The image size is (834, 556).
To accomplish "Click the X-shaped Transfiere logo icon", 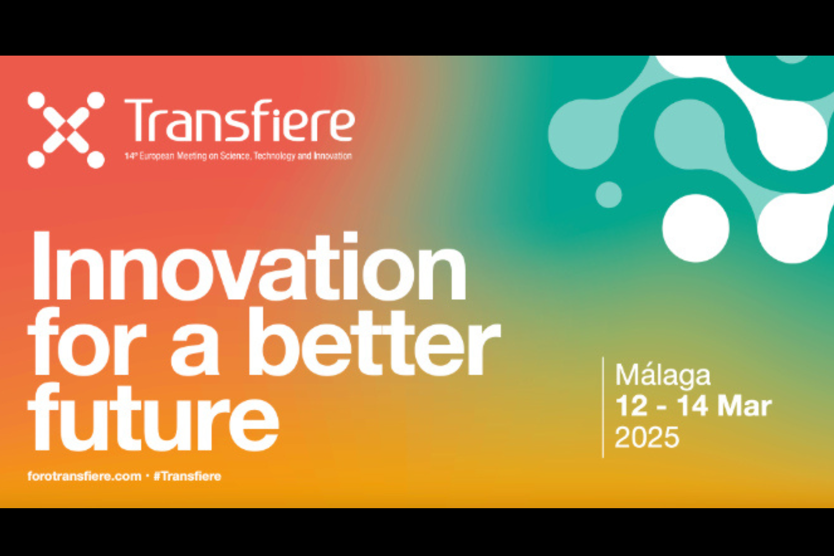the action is [x=66, y=130].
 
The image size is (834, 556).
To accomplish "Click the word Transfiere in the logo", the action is [x=240, y=121].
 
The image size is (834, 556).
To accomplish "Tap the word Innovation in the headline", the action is [x=249, y=266].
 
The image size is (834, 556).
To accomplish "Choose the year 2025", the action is [x=647, y=437].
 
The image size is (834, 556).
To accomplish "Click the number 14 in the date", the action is [x=692, y=406].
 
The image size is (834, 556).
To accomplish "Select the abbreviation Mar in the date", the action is [x=744, y=406].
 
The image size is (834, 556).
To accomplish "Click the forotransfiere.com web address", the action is [x=85, y=476].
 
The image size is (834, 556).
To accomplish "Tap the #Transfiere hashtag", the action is [x=187, y=476].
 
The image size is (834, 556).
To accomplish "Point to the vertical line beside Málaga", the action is [x=603, y=407].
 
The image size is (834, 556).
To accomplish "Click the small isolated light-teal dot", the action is [x=609, y=195].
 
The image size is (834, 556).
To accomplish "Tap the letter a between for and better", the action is [x=195, y=351].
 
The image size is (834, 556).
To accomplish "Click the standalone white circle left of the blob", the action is [x=696, y=228].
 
